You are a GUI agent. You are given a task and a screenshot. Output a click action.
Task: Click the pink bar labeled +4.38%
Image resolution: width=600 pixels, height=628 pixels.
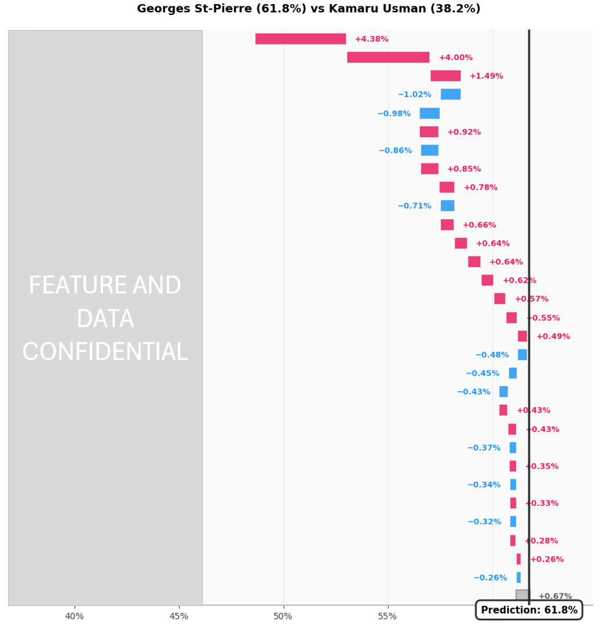tap(301, 39)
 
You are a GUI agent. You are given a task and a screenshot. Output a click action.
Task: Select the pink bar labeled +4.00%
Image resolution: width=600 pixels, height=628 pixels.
tap(388, 57)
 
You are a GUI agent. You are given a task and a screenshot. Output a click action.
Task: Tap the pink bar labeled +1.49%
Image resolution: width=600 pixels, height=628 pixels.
tap(445, 76)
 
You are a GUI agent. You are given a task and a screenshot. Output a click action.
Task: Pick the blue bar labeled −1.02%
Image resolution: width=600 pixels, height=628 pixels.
tap(451, 94)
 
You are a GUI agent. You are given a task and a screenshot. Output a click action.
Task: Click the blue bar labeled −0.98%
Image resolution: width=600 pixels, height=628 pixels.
tap(430, 113)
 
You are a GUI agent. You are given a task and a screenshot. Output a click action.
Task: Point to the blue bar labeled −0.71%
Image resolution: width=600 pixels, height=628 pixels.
tap(447, 206)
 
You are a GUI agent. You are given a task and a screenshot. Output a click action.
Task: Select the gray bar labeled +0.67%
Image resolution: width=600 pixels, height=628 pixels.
tap(522, 596)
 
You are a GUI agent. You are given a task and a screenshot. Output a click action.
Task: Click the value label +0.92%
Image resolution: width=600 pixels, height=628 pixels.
tap(464, 132)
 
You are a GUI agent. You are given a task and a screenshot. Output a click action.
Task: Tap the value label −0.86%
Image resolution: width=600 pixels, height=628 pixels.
tap(395, 150)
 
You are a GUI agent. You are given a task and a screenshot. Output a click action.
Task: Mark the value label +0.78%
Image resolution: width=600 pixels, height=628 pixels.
tap(480, 188)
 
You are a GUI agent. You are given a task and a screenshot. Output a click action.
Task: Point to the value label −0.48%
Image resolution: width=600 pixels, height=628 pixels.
tap(492, 355)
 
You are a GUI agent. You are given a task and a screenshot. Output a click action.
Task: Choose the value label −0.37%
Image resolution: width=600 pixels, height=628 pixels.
tap(484, 448)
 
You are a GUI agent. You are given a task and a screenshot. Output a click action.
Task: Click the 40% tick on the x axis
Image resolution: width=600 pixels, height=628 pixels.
tap(75, 616)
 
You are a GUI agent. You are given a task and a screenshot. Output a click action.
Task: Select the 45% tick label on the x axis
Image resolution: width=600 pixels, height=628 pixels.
tap(179, 616)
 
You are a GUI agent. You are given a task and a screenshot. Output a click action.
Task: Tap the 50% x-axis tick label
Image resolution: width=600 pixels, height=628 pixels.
tap(283, 616)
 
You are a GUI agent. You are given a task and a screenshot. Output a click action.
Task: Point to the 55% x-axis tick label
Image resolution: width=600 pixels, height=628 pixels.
tap(387, 616)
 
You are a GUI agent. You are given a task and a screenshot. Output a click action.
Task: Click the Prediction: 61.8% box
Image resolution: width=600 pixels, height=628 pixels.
tap(529, 610)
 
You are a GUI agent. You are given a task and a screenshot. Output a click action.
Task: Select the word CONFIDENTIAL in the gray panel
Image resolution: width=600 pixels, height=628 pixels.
tap(105, 352)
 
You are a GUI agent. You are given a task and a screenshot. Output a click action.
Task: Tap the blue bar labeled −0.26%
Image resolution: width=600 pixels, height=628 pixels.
tap(518, 578)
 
